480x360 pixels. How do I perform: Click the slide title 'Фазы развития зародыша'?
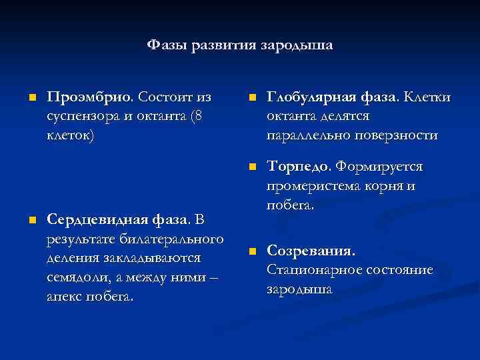(x=240, y=45)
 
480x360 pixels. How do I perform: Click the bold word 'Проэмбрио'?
(x=90, y=97)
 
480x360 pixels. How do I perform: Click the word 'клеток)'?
(x=71, y=135)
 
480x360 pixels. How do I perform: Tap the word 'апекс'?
(x=66, y=295)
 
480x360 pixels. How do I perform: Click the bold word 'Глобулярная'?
(x=311, y=97)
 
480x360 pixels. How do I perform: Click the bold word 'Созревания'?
(x=309, y=251)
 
